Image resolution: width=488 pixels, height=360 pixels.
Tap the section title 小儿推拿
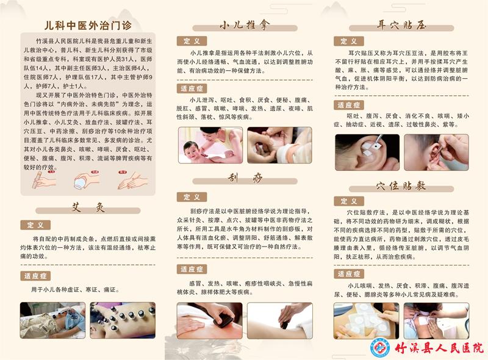click(x=245, y=25)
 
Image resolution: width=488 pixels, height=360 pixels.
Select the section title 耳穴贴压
click(x=401, y=25)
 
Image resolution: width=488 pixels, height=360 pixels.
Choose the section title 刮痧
click(x=245, y=178)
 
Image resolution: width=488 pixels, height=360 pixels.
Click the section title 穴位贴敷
click(x=401, y=184)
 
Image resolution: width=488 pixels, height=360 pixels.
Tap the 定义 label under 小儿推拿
click(x=192, y=41)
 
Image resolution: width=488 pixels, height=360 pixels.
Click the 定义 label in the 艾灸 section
click(x=35, y=225)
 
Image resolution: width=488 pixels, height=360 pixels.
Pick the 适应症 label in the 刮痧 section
click(x=192, y=269)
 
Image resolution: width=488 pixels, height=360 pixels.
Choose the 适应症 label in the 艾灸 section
click(x=35, y=275)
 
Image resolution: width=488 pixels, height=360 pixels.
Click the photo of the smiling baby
click(x=210, y=145)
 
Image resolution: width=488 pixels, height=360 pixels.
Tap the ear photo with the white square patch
click(x=367, y=152)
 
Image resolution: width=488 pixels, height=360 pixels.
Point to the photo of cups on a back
click(x=122, y=320)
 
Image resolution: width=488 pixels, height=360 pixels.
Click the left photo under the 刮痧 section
click(x=210, y=320)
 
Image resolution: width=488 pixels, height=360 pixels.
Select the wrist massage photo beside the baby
click(x=279, y=145)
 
